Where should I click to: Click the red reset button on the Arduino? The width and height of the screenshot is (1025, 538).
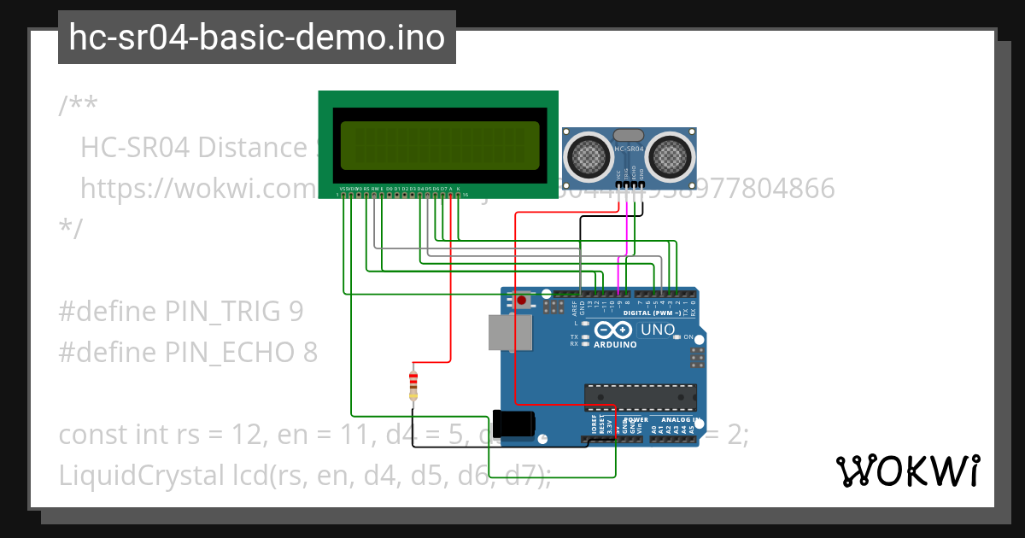click(x=521, y=301)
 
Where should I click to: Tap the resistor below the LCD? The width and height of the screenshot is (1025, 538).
click(x=413, y=383)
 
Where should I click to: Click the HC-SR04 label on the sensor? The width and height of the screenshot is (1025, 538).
click(x=629, y=149)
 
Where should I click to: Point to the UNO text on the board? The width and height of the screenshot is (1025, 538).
click(x=658, y=330)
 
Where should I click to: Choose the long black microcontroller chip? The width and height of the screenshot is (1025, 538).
click(x=640, y=397)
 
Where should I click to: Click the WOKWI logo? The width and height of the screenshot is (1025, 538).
click(x=907, y=471)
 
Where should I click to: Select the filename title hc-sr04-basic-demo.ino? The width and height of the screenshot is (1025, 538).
click(x=256, y=38)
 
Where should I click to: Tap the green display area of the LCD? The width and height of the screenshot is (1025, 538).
click(x=440, y=144)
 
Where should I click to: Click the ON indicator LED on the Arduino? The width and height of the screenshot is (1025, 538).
click(x=676, y=337)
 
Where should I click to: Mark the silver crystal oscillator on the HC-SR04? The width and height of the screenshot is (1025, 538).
click(x=629, y=134)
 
